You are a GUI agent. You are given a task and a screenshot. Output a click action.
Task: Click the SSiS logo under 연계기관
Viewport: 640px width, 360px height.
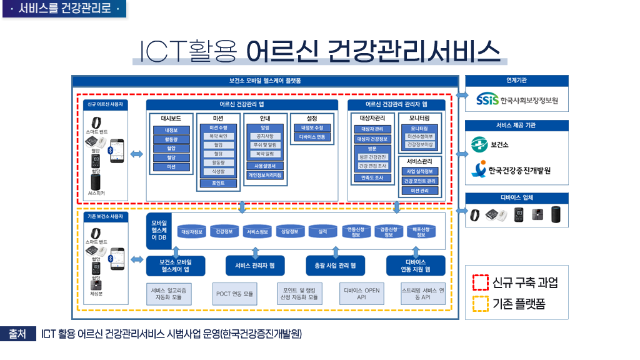coord(487,100)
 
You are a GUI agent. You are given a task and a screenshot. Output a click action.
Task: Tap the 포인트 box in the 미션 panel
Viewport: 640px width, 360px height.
coord(218,183)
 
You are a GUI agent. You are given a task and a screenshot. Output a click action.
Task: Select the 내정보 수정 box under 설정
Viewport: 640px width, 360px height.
coord(312,127)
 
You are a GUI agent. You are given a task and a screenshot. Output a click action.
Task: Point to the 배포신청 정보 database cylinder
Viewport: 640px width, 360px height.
coord(421,231)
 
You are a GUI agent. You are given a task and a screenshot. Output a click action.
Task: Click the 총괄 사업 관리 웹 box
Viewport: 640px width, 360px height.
coord(335,266)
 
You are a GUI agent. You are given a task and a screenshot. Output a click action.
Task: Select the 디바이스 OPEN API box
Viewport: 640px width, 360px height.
coord(361,294)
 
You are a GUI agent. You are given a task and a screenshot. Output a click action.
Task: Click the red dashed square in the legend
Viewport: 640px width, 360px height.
coord(479,282)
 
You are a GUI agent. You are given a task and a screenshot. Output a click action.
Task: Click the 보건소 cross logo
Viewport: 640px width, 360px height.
coord(479,145)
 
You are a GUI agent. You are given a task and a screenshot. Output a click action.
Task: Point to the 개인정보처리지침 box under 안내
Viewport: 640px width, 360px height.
coord(265,175)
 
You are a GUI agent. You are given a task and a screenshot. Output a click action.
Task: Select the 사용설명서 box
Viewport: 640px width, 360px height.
coord(265,166)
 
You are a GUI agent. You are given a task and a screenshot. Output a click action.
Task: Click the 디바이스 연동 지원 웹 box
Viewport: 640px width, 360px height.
coord(416,266)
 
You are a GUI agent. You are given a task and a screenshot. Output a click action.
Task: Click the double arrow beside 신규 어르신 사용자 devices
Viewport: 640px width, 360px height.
coord(136,154)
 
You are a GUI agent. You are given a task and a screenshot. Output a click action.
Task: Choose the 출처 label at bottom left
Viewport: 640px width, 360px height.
coord(17,334)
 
